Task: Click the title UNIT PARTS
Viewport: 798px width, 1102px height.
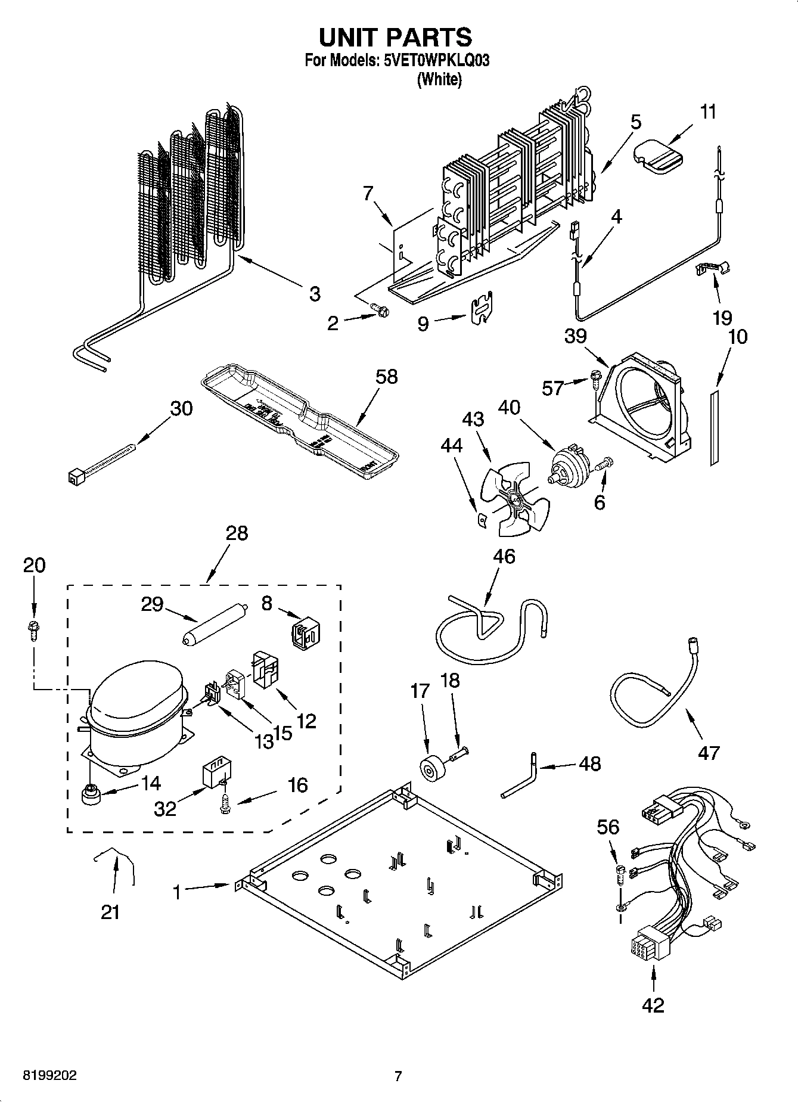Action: click(x=396, y=38)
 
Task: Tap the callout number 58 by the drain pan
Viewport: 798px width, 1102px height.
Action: click(x=386, y=377)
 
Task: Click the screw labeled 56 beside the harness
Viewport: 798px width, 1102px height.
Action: click(x=620, y=874)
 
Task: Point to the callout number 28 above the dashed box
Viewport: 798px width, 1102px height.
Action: click(x=237, y=533)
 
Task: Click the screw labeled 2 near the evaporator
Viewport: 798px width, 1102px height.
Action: click(x=381, y=311)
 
